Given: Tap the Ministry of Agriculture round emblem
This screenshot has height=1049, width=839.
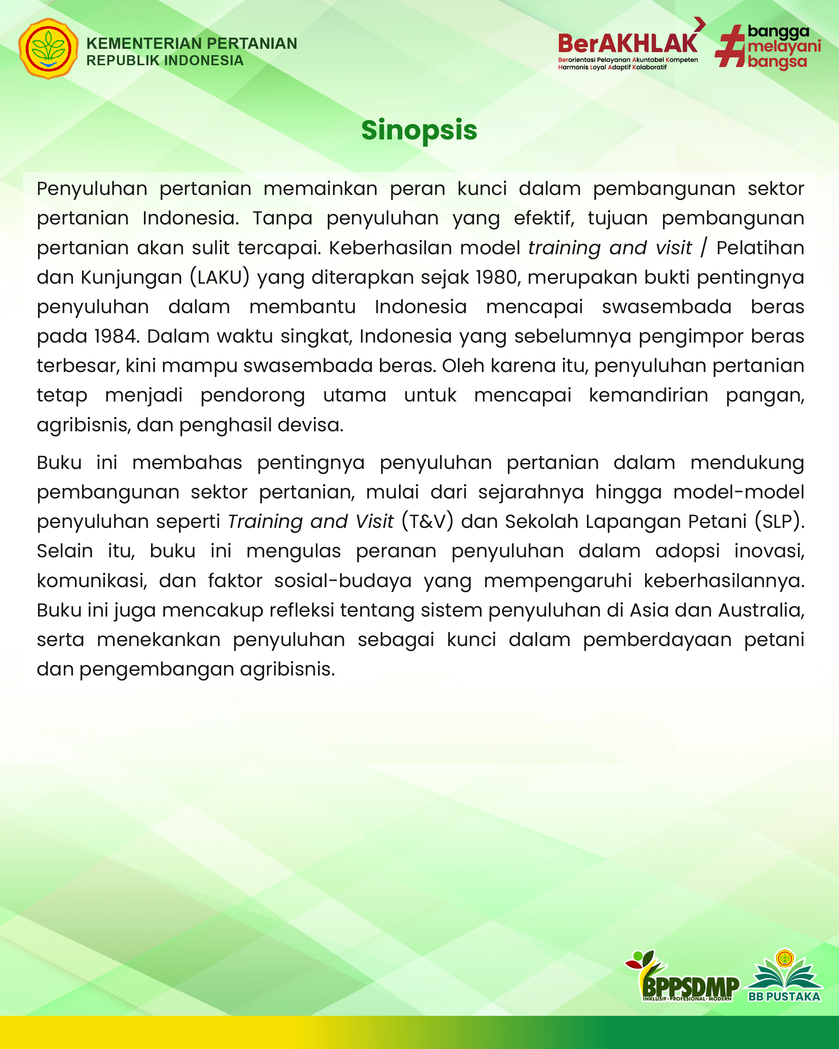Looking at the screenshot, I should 48,49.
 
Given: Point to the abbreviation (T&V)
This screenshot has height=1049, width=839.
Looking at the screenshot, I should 427,522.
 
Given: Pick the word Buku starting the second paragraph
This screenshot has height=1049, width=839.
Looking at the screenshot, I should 59,462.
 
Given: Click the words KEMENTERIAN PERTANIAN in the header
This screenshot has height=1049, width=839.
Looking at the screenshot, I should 191,43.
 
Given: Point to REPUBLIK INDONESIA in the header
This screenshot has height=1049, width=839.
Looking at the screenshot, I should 164,60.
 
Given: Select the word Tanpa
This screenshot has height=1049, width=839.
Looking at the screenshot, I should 282,218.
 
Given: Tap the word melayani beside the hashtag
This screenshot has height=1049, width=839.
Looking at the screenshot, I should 783,47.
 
